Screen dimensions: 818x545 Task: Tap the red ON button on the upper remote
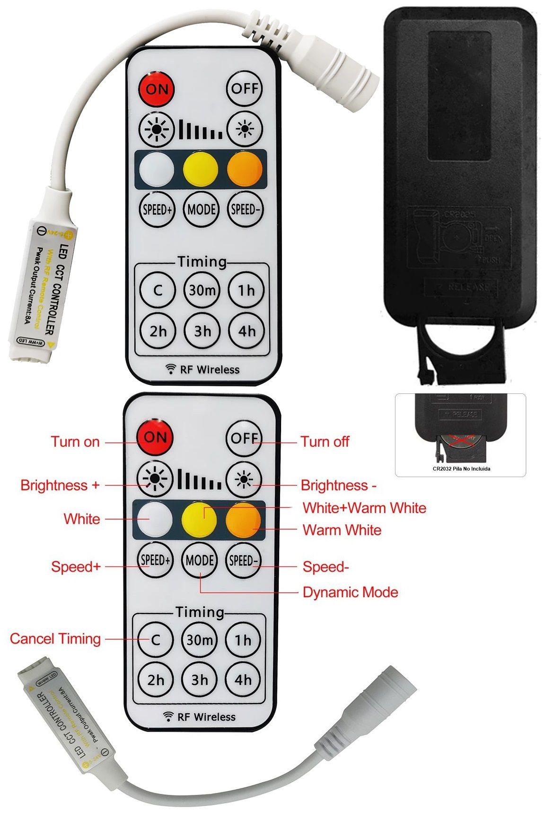(x=157, y=89)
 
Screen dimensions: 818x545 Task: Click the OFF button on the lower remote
(x=244, y=438)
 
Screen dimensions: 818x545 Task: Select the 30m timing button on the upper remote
(x=202, y=290)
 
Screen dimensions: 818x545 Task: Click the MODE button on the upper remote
(x=202, y=209)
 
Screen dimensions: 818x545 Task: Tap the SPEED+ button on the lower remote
(x=155, y=560)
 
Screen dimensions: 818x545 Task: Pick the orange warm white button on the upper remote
(x=245, y=169)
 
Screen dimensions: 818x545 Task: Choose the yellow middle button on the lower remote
(x=199, y=519)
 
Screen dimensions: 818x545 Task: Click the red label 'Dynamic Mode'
(x=350, y=592)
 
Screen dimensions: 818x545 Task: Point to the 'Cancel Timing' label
(x=55, y=639)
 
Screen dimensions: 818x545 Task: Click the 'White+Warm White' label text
(x=364, y=508)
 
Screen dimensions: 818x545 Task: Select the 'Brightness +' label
(x=60, y=485)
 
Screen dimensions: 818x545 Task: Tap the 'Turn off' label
(x=325, y=442)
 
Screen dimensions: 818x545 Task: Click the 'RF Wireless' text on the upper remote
(x=210, y=370)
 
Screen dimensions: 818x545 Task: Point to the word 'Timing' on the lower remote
(x=200, y=612)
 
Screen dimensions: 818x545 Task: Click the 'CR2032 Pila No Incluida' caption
(x=461, y=469)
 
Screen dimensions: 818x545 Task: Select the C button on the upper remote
(x=158, y=290)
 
